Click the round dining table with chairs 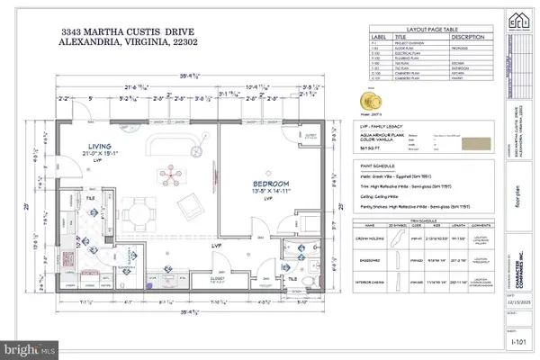(x=142, y=212)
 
